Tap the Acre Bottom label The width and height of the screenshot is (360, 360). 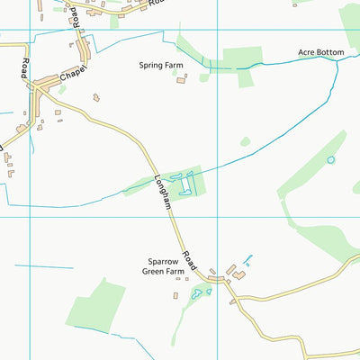(321, 53)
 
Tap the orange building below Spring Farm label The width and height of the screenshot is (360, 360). (180, 80)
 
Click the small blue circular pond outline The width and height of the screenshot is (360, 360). (330, 160)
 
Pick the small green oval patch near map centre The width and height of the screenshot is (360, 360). (245, 141)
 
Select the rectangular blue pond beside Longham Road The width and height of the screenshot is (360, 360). (186, 184)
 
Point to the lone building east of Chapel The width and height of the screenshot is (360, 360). (96, 97)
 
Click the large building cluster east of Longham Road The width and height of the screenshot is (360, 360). (236, 270)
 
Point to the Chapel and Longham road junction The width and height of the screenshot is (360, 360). (40, 86)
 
